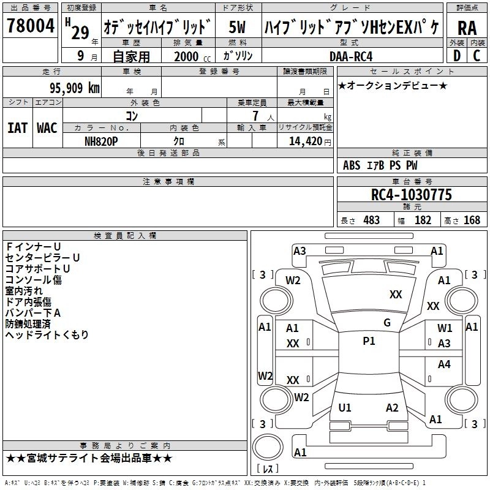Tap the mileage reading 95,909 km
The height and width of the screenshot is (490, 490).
tap(70, 88)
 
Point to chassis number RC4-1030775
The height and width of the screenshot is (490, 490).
tap(412, 195)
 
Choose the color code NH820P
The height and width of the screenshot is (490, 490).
tap(102, 141)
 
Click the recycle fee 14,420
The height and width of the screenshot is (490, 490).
tap(302, 141)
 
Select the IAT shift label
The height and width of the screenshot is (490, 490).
tap(17, 128)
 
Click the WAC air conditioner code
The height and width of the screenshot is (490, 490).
tap(47, 128)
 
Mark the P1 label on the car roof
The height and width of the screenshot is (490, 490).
tap(369, 341)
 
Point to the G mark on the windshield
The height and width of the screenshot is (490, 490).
tap(386, 323)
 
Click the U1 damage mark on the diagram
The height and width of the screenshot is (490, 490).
tap(345, 408)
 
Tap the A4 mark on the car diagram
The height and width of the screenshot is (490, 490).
tap(444, 364)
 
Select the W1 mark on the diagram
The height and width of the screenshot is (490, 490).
tap(445, 328)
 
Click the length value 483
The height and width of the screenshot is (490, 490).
tap(371, 220)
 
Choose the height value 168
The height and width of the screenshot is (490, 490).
tap(472, 220)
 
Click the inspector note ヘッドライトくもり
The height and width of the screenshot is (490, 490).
tap(47, 334)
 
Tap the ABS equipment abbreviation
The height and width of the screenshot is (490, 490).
tap(352, 165)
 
